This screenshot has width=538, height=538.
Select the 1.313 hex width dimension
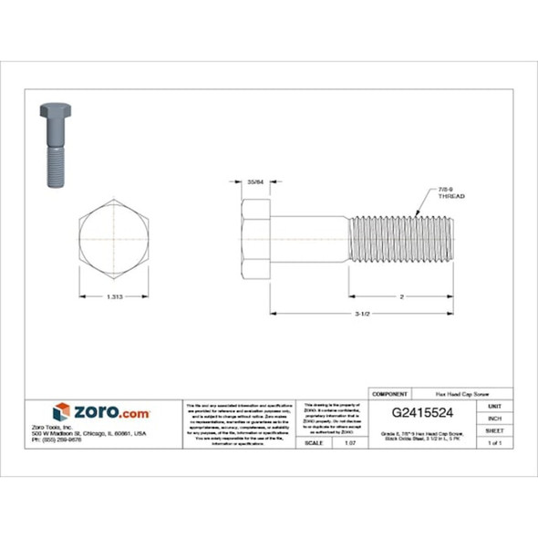(x=115, y=297)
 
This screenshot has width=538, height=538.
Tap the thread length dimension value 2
(x=400, y=297)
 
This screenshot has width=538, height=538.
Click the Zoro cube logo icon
(x=60, y=413)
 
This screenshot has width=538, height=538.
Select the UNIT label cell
(x=494, y=405)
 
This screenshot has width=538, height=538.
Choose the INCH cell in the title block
(x=494, y=418)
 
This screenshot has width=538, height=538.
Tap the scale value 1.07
(x=349, y=442)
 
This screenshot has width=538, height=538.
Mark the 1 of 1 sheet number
(x=494, y=442)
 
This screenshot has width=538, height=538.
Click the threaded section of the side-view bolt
(x=400, y=239)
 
